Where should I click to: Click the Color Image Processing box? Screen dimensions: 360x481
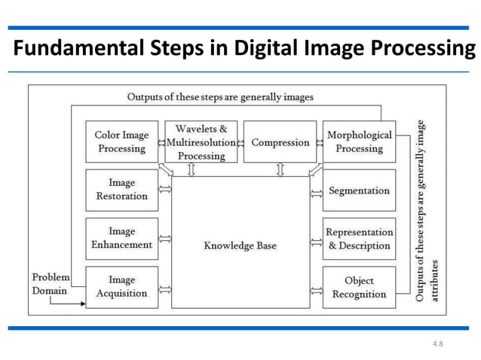[x=121, y=142]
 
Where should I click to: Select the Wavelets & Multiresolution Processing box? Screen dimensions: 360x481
[x=201, y=142]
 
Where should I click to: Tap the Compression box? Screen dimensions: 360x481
[x=280, y=142]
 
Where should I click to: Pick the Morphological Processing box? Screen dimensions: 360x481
[x=359, y=142]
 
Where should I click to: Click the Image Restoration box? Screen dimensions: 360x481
[x=121, y=190]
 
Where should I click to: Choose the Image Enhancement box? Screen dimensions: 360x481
[x=121, y=238]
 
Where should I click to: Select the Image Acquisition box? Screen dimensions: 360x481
[x=121, y=287]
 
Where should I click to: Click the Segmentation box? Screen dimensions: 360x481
[x=359, y=190]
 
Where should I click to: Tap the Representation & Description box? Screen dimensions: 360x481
[x=359, y=238]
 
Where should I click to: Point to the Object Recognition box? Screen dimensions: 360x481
[x=359, y=287]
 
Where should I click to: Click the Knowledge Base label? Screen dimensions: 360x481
[x=240, y=246]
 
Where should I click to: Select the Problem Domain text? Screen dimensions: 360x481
[x=51, y=284]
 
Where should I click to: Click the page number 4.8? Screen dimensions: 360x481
[x=437, y=343]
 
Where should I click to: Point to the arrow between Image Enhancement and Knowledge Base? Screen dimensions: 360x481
[x=165, y=240]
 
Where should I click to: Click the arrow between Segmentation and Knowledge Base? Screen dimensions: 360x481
[x=316, y=194]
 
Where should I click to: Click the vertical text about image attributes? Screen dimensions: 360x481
[x=426, y=211]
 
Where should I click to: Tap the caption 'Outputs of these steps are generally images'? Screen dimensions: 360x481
[x=220, y=97]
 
